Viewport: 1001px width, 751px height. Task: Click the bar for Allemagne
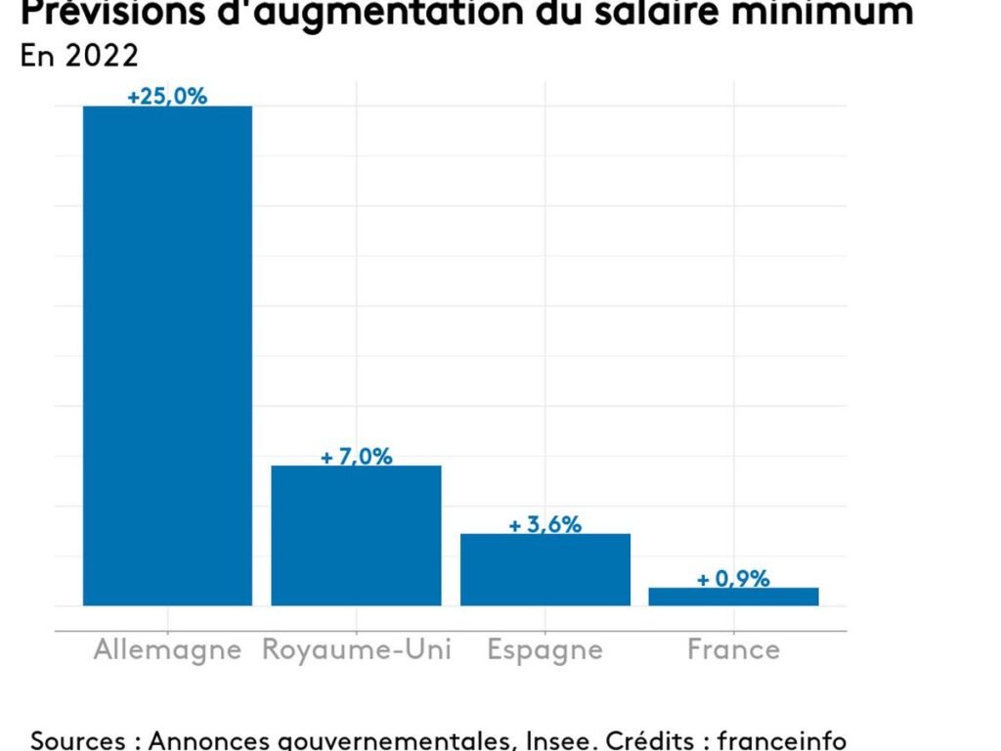point(167,355)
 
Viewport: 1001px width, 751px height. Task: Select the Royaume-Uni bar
point(356,535)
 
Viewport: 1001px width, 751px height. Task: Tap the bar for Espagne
point(545,569)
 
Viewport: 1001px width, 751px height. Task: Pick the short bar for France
point(733,596)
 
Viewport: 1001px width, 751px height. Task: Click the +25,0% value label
point(167,96)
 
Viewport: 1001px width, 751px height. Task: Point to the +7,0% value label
point(356,457)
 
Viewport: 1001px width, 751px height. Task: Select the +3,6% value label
point(544,525)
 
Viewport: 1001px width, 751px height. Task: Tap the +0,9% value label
point(733,579)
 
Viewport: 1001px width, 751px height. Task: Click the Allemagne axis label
point(167,650)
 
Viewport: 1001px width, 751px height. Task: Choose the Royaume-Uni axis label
point(357,650)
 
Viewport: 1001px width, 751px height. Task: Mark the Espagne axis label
point(545,650)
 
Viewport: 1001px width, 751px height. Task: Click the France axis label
point(733,650)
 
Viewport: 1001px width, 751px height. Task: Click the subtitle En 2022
point(79,56)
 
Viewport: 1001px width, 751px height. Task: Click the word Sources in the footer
point(78,739)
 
